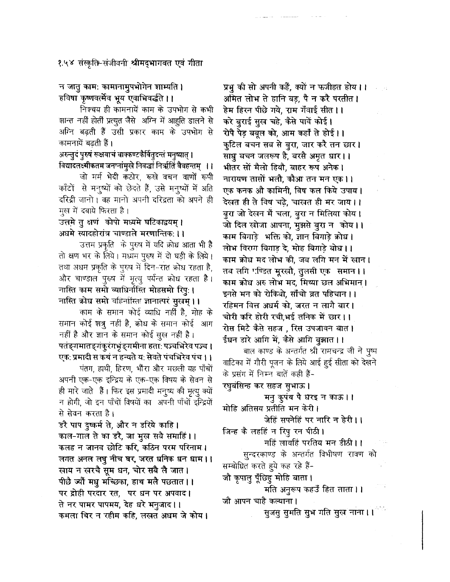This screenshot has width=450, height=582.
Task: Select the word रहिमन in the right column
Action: tap(233, 306)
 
